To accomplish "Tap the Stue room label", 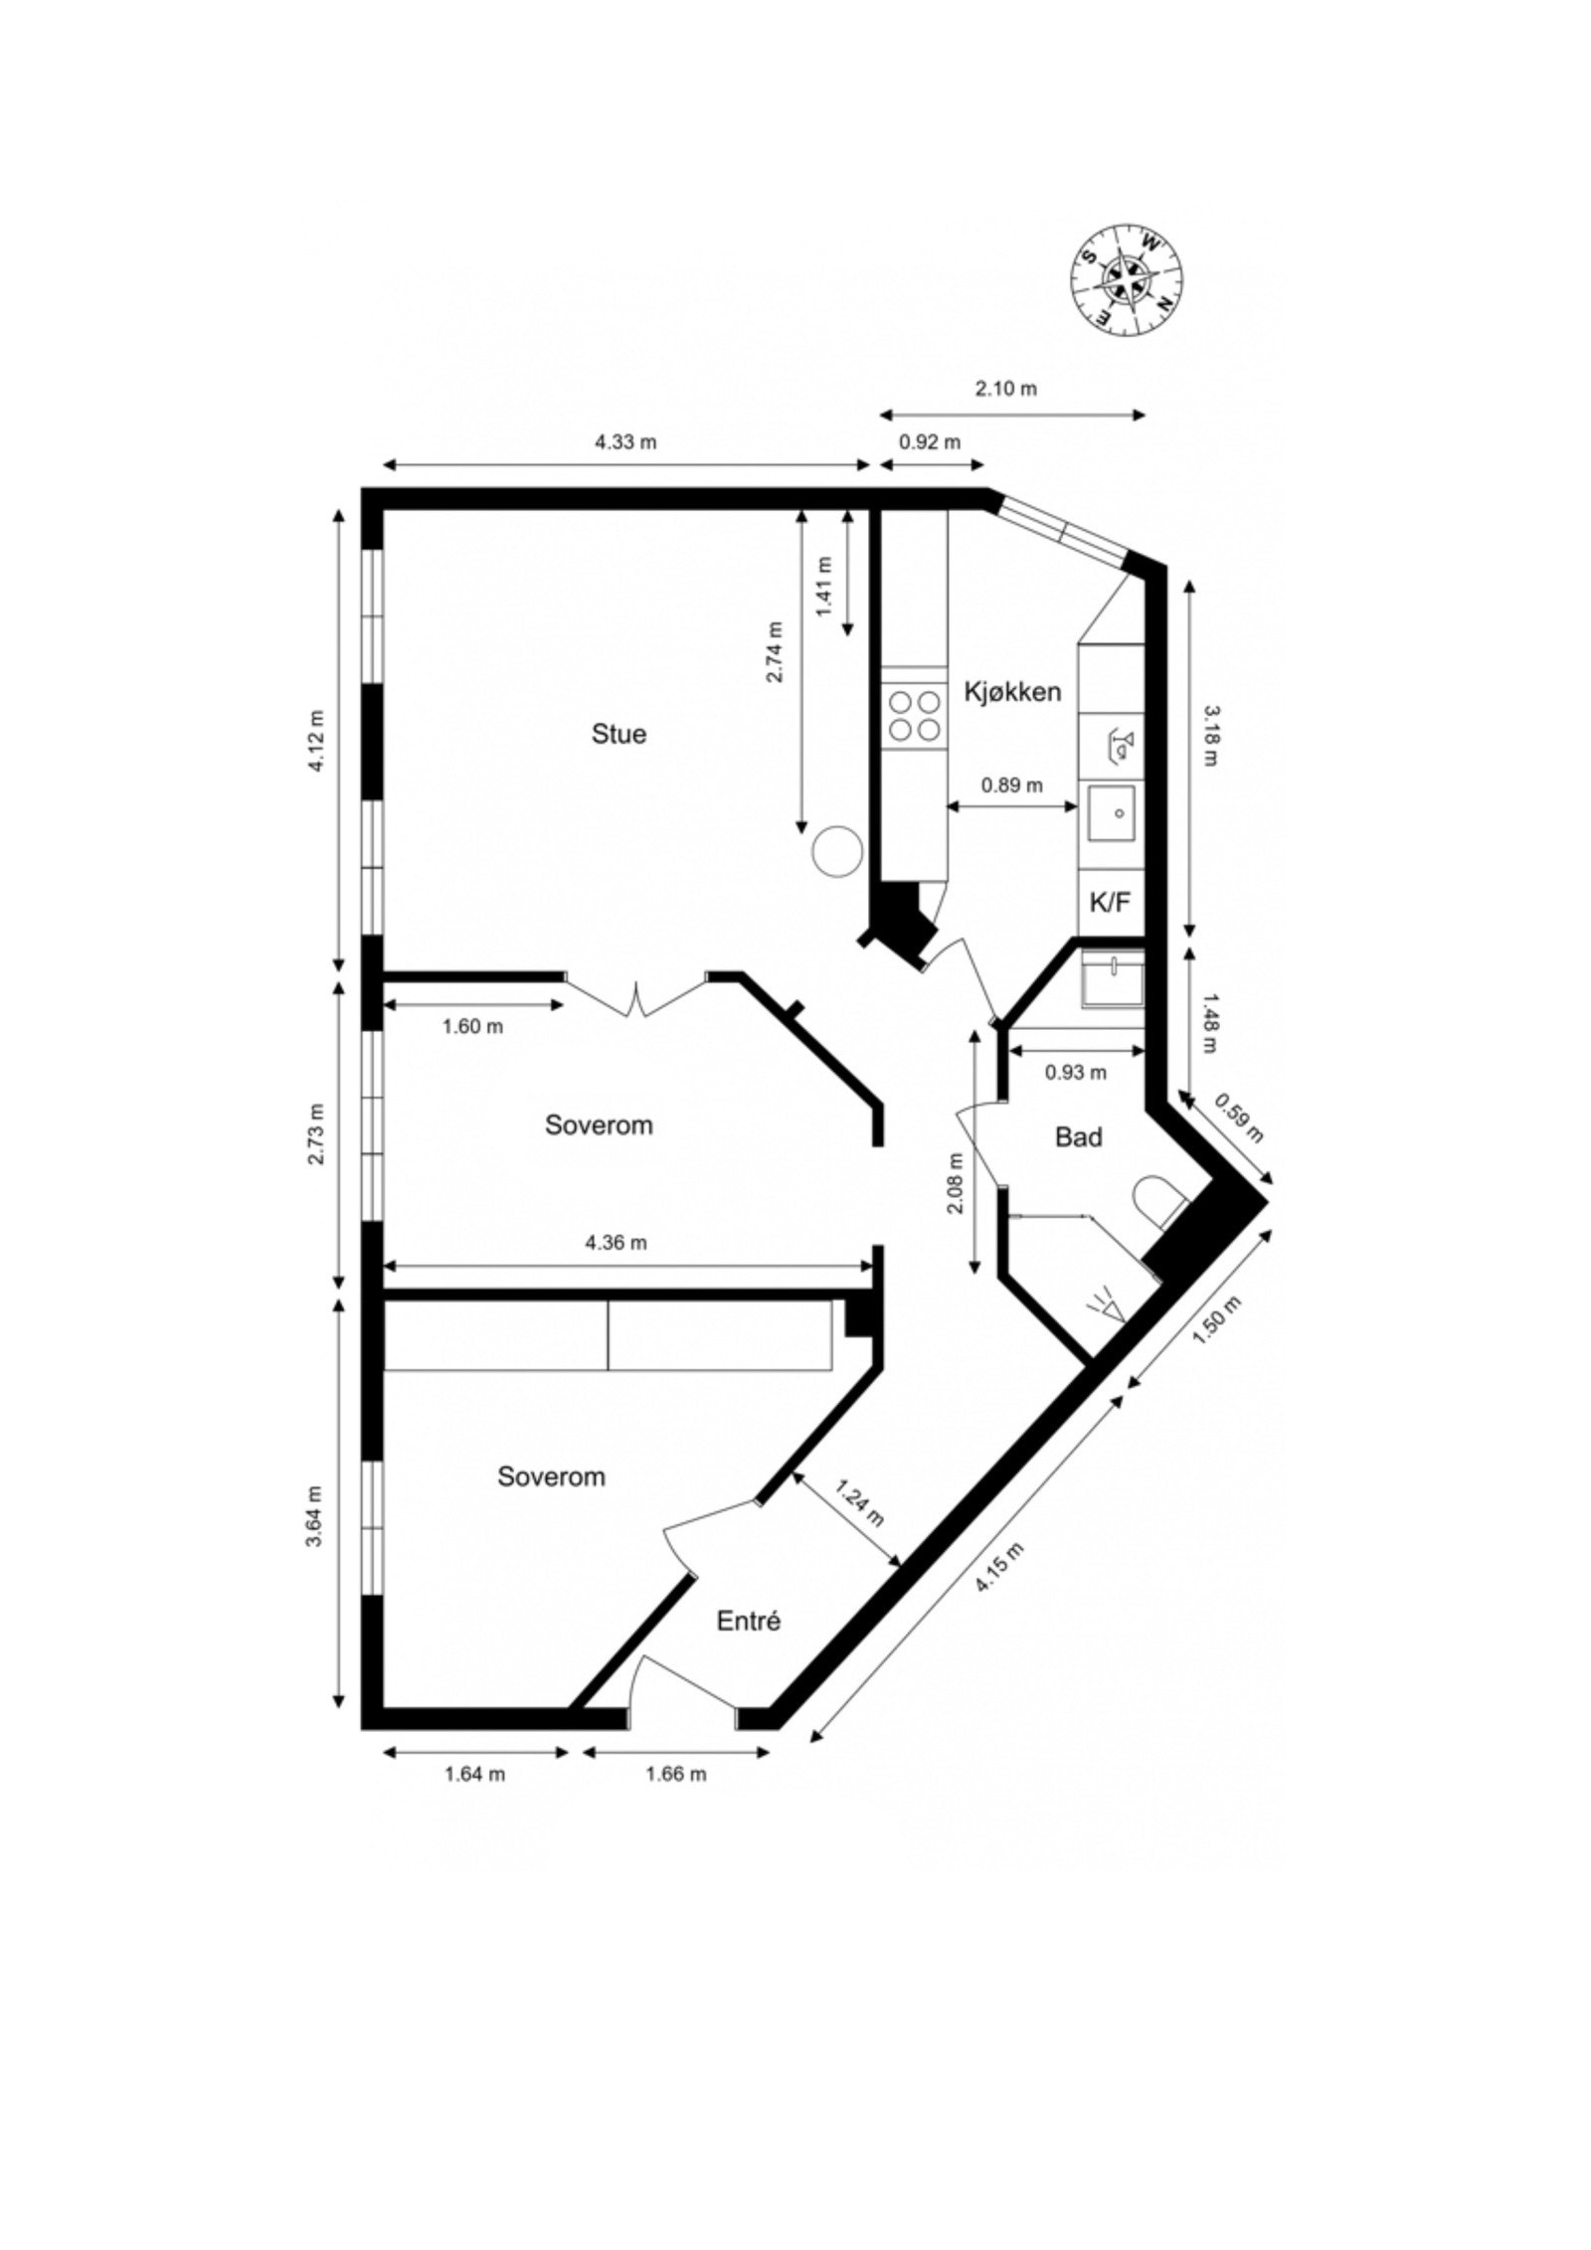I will [619, 734].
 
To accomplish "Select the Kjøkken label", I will [1012, 692].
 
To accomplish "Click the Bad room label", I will [1078, 1136].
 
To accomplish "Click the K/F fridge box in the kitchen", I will [1110, 903].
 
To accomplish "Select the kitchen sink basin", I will [1111, 813].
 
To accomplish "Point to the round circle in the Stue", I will [835, 852].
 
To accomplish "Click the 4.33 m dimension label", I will [625, 442].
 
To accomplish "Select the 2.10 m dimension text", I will [1005, 389].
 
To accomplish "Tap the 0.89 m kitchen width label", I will [1012, 785].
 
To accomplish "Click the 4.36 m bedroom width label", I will [616, 1242].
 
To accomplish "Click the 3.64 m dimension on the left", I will [315, 1516].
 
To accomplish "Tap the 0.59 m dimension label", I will [1239, 1119].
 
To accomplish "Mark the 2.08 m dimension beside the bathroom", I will [956, 1183].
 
